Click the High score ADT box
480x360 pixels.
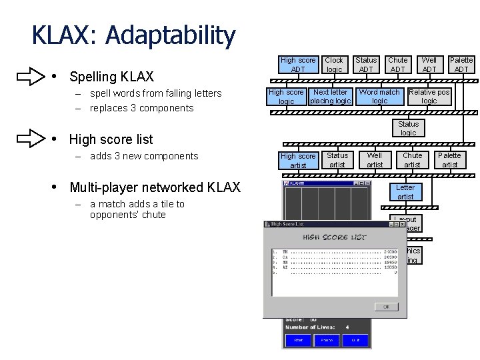[x=298, y=65]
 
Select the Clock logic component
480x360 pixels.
[x=334, y=65]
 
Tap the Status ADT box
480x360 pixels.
[x=366, y=65]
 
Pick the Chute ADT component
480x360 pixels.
[x=398, y=65]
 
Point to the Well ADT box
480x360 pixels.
[x=429, y=65]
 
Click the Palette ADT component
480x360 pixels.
[x=461, y=65]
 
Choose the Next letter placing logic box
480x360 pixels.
[x=330, y=97]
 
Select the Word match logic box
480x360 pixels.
[x=379, y=97]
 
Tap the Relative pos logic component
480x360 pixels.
[x=429, y=97]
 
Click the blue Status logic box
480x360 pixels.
[x=408, y=128]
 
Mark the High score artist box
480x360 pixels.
[x=298, y=161]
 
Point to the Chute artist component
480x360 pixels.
[x=412, y=160]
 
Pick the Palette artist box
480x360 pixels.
[x=450, y=160]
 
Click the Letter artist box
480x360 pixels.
[x=405, y=192]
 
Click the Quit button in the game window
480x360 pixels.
[x=356, y=340]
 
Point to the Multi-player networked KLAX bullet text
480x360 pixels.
[x=155, y=187]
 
